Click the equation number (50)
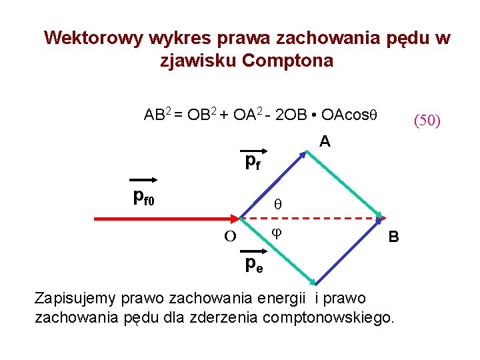point(427,121)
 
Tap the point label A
point(324,141)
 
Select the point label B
point(393,237)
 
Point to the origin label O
point(230,236)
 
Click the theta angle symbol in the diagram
point(279,206)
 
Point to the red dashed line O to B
point(313,218)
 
